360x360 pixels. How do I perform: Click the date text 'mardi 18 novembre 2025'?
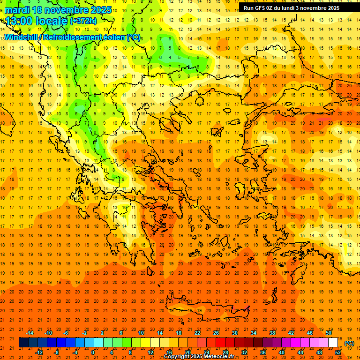[x=58, y=10]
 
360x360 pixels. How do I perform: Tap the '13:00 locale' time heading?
[x=37, y=21]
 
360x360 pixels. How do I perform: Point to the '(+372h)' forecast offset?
[x=83, y=21]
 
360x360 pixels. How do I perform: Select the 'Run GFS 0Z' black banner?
[x=292, y=8]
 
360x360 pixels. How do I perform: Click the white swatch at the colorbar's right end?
[x=333, y=343]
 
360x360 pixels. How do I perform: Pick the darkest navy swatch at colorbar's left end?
[x=23, y=343]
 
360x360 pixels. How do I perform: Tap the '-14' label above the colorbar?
[x=30, y=333]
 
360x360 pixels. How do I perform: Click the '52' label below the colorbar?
[x=338, y=352]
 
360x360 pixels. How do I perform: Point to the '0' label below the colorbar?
[x=93, y=352]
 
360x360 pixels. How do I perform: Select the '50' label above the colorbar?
[x=329, y=333]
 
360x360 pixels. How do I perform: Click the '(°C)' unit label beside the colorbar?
[x=349, y=343]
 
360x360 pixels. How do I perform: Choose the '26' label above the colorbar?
[x=216, y=333]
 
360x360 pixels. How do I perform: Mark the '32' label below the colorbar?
[x=244, y=352]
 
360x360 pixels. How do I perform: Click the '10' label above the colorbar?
[x=141, y=333]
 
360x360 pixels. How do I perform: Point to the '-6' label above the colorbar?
[x=66, y=333]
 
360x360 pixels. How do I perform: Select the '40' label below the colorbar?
[x=282, y=352]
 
